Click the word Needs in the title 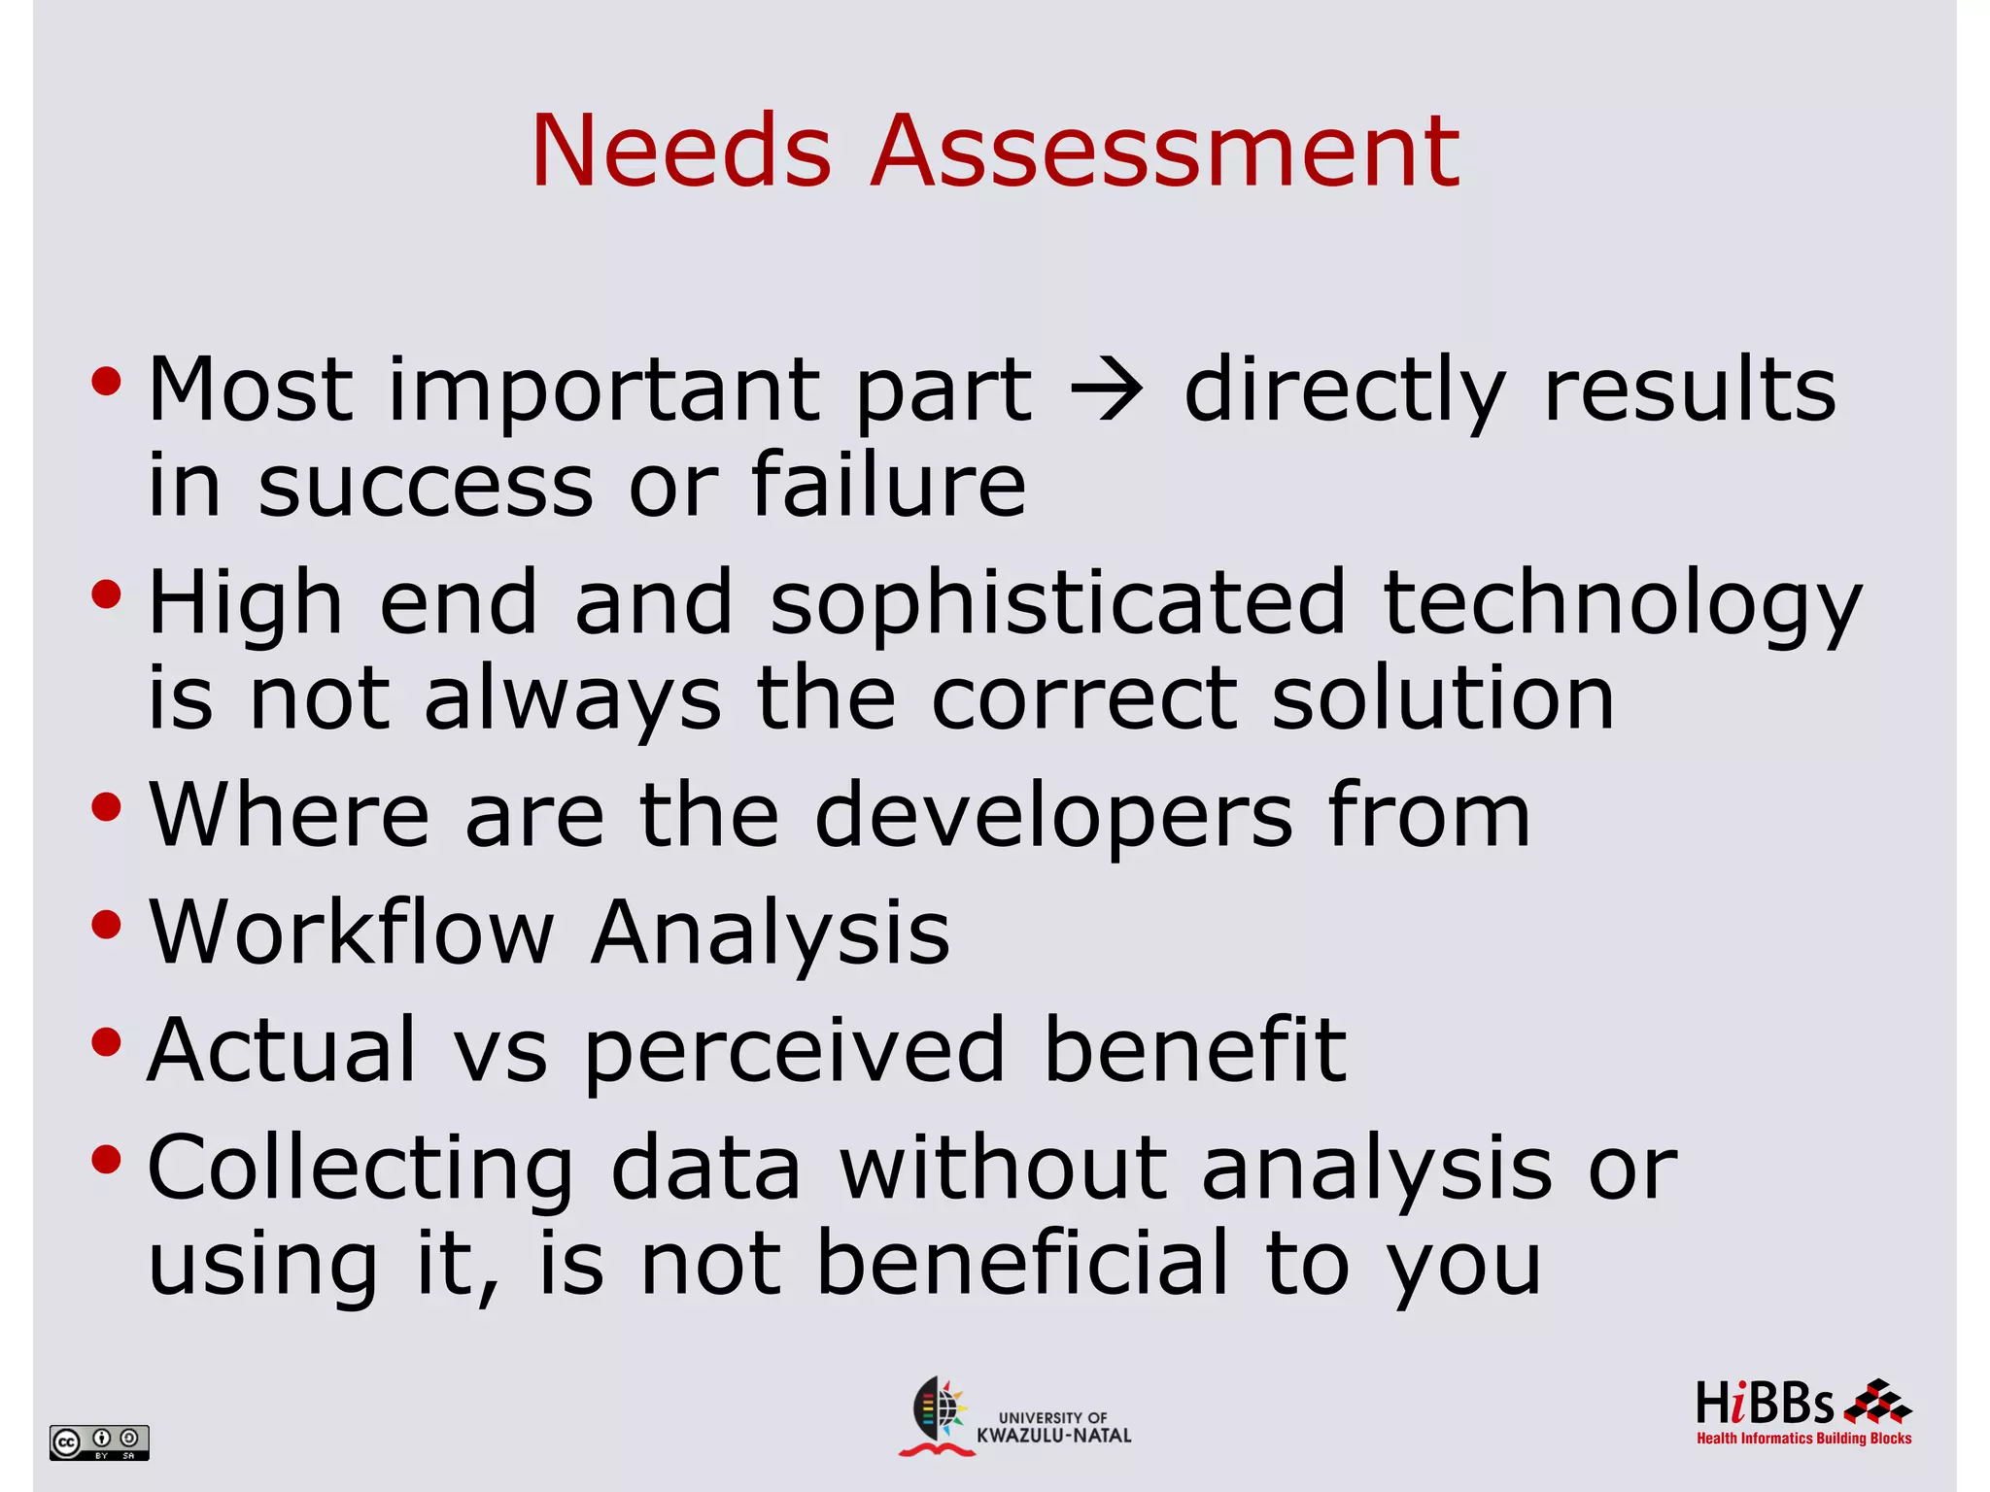(681, 152)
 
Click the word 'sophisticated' (1057, 602)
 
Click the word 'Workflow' (351, 932)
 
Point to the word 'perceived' (795, 1051)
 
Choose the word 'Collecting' (360, 1170)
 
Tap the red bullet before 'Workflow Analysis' (106, 925)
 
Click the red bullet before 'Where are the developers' (106, 807)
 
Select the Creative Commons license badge (99, 1441)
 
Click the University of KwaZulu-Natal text (1053, 1427)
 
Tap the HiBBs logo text (1765, 1405)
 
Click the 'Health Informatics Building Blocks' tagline (1803, 1439)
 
